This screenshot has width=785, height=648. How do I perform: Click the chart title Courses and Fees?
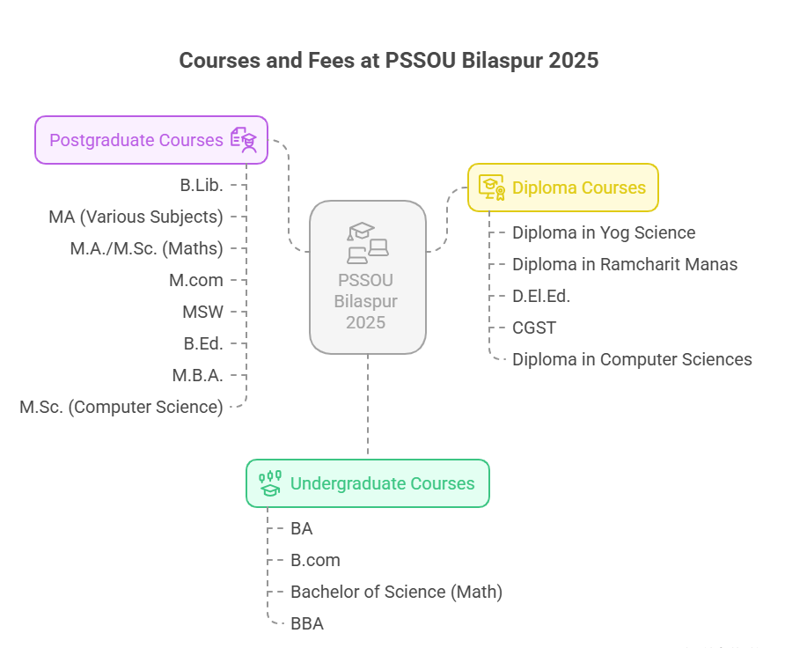click(x=389, y=61)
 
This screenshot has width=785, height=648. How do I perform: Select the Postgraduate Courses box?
click(x=150, y=140)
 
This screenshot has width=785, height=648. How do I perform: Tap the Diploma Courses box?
click(x=562, y=188)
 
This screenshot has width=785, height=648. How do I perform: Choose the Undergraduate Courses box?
click(x=367, y=483)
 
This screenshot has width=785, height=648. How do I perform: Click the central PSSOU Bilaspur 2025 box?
click(x=367, y=277)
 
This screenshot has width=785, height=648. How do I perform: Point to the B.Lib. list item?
click(x=201, y=185)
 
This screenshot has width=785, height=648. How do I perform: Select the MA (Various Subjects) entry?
click(x=136, y=217)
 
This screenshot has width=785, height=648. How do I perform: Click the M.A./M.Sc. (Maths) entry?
click(x=146, y=248)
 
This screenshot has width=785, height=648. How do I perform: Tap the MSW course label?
click(x=202, y=312)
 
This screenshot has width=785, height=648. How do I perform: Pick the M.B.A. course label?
click(x=197, y=375)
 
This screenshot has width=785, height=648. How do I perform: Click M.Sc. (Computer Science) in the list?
click(x=121, y=407)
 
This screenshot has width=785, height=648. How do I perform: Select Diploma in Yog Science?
click(x=604, y=232)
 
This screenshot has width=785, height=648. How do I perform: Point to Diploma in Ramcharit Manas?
click(x=625, y=264)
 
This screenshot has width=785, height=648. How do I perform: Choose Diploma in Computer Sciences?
click(x=632, y=359)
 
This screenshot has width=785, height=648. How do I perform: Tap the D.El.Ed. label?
click(x=541, y=296)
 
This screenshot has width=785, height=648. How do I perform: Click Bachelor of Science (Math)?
click(x=396, y=592)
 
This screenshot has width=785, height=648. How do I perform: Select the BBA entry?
click(x=307, y=623)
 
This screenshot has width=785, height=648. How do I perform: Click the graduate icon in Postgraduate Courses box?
click(x=244, y=140)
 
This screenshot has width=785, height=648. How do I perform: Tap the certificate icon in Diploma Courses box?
click(x=491, y=188)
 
